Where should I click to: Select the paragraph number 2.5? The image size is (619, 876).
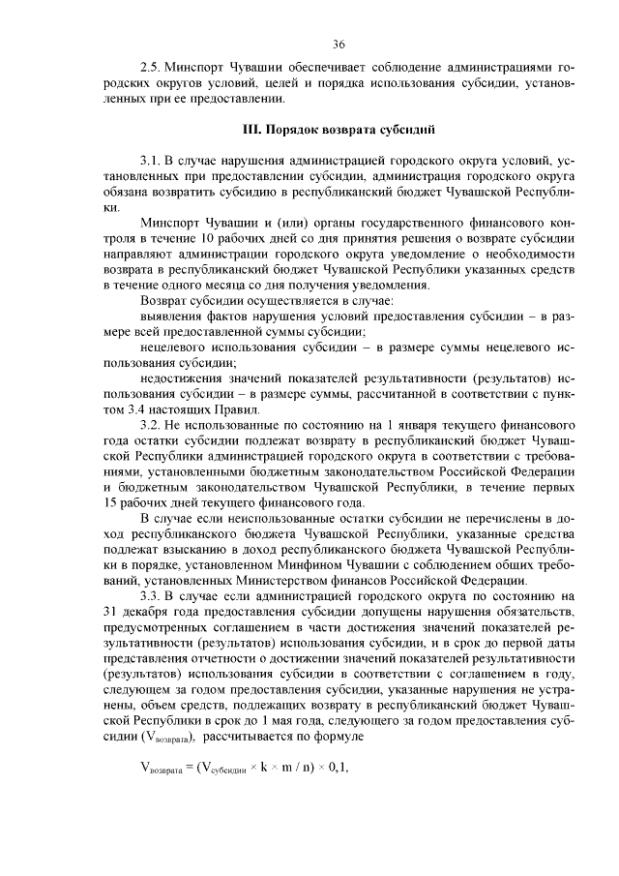(x=150, y=70)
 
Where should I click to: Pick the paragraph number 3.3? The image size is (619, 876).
(x=150, y=595)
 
